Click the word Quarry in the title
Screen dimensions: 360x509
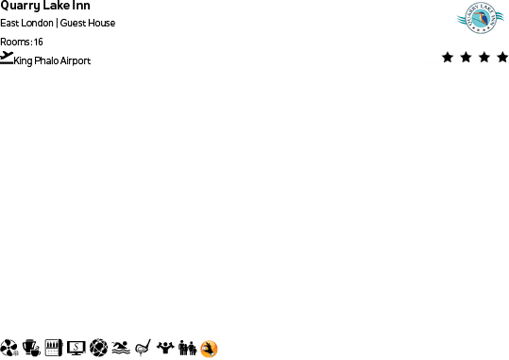(x=19, y=6)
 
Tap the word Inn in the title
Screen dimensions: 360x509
(x=81, y=6)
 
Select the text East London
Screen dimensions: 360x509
(x=26, y=23)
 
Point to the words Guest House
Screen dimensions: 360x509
(x=88, y=23)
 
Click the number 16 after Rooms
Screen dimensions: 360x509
(x=39, y=42)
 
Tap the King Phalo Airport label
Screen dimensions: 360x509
(x=53, y=60)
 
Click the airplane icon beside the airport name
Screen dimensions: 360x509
(x=8, y=58)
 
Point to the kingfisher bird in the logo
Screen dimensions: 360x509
(x=479, y=17)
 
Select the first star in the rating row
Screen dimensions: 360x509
(x=448, y=58)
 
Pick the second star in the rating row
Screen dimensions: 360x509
(x=466, y=58)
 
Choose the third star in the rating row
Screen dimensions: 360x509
(x=484, y=58)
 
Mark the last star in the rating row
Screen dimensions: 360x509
(x=501, y=58)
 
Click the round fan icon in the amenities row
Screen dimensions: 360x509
(x=9, y=348)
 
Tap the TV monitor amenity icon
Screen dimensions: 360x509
(x=76, y=348)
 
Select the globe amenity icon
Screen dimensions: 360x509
(x=98, y=348)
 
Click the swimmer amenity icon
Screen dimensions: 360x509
(x=121, y=348)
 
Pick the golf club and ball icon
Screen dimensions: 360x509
(x=144, y=348)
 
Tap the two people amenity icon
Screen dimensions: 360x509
(x=188, y=348)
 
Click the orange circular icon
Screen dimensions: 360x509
(x=209, y=349)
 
